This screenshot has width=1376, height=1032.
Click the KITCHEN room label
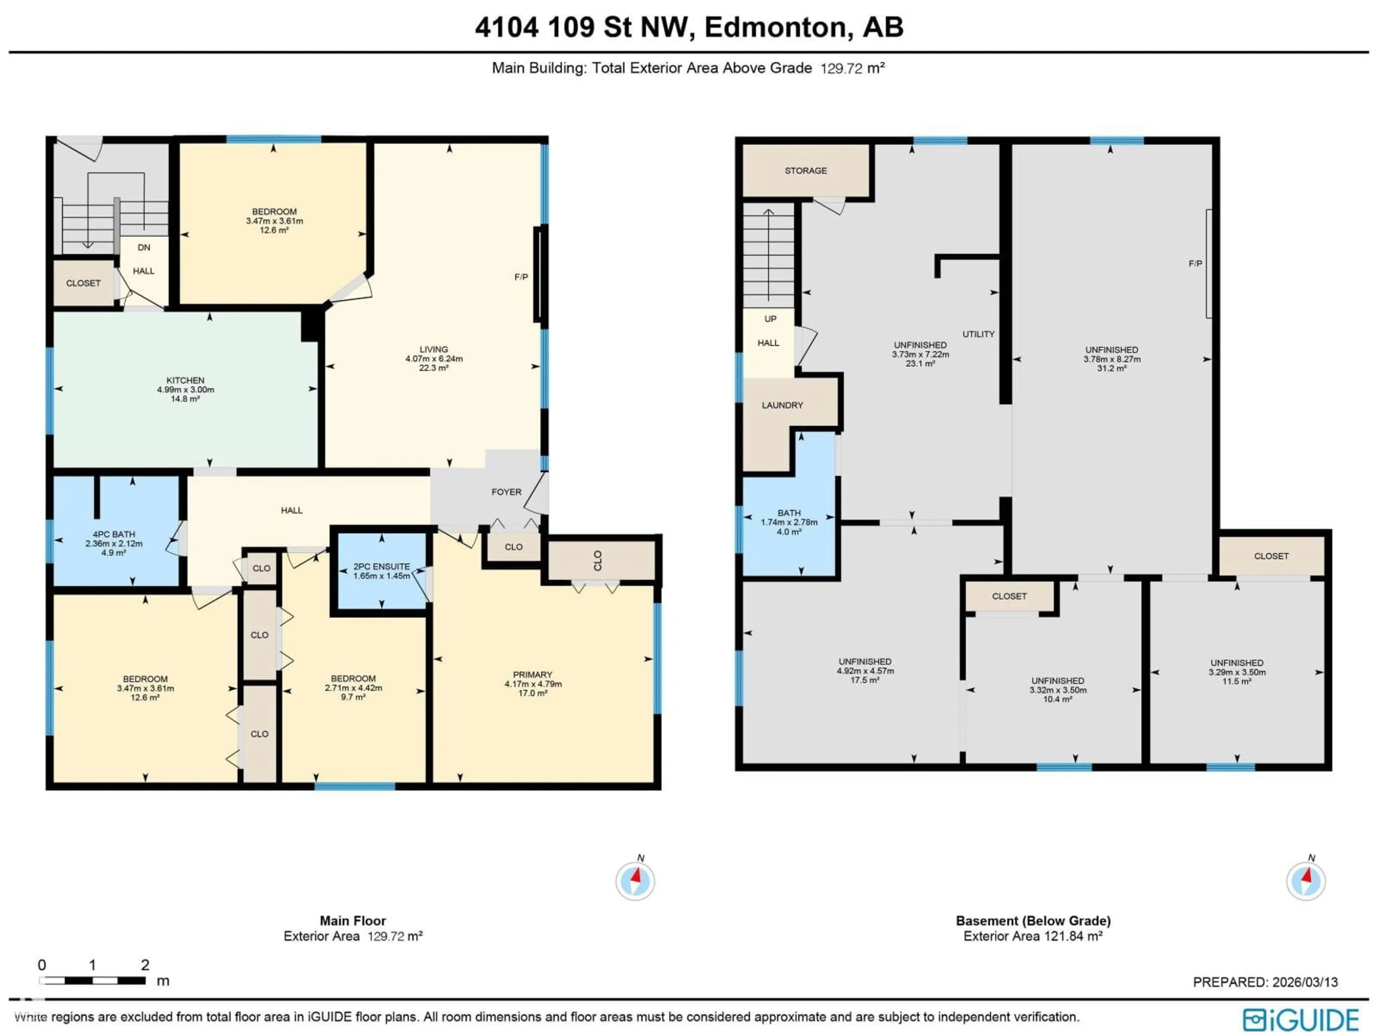[185, 380]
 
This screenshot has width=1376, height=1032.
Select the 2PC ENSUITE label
[381, 566]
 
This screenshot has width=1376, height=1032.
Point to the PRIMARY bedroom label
[532, 674]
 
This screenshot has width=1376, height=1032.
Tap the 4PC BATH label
[114, 534]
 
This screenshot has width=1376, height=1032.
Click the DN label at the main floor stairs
[144, 248]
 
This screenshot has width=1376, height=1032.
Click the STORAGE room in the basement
[806, 171]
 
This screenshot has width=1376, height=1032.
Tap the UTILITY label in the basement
[979, 334]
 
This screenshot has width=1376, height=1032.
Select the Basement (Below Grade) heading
[1033, 921]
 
